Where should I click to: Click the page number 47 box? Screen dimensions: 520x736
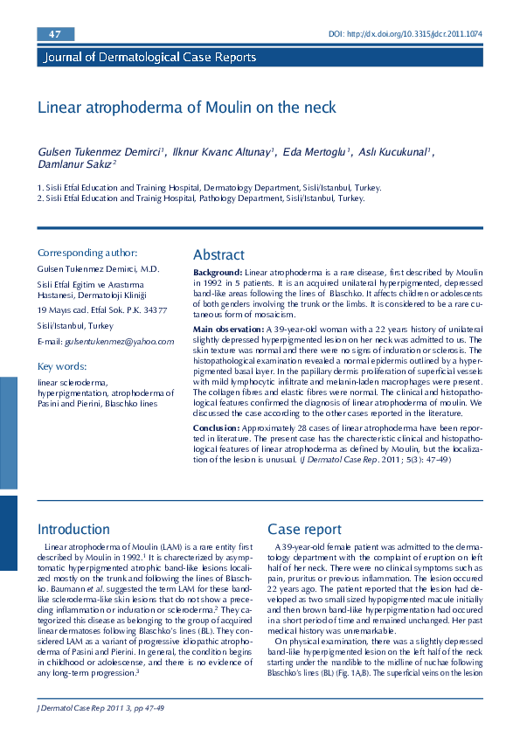click(55, 34)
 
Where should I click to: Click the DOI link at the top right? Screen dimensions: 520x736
click(406, 34)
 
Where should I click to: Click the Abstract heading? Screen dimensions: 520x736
click(218, 254)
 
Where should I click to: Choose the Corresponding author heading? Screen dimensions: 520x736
click(87, 253)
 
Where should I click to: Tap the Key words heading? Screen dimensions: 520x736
click(62, 365)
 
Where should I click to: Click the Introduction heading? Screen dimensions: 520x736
click(73, 530)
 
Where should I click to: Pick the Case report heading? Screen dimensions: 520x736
click(304, 530)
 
